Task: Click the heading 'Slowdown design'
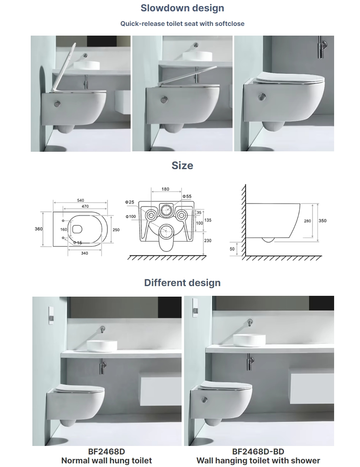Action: coord(182,8)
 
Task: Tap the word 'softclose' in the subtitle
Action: coord(230,24)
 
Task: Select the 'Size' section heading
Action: coord(182,165)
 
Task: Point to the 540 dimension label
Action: coord(80,200)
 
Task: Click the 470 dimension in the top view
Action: coord(85,206)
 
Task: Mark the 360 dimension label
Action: coord(38,229)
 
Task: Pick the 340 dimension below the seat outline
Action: coord(84,253)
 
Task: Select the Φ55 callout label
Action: coord(187,196)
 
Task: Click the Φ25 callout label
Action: coord(129,202)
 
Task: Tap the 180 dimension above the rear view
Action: coord(165,189)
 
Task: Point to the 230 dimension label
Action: coord(208,240)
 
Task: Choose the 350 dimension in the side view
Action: coord(322,221)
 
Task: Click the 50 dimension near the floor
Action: coord(232,249)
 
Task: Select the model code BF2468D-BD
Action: coord(258,452)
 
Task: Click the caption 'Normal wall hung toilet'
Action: coord(107,461)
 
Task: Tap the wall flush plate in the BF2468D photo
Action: coord(51,315)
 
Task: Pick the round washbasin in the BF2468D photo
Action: coord(102,346)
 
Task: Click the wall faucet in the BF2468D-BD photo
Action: coord(250,323)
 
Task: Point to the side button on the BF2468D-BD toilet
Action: coord(204,400)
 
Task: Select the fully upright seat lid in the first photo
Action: coord(64,68)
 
